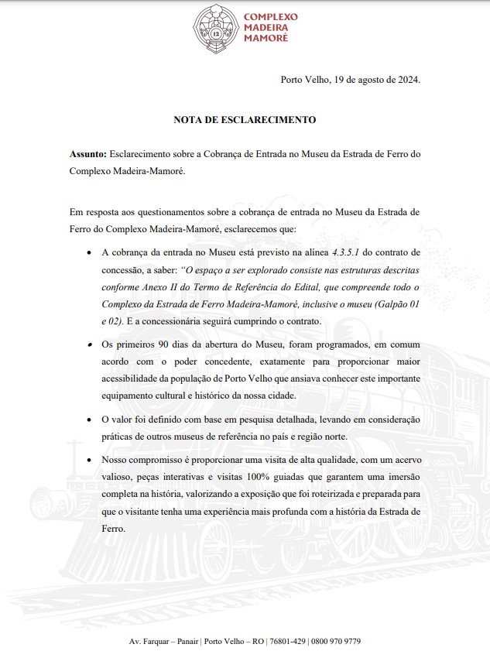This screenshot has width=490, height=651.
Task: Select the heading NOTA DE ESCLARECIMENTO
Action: [x=245, y=120]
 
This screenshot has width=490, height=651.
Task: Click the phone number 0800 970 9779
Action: [x=336, y=642]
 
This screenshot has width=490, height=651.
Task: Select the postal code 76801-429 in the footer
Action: [x=288, y=642]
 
